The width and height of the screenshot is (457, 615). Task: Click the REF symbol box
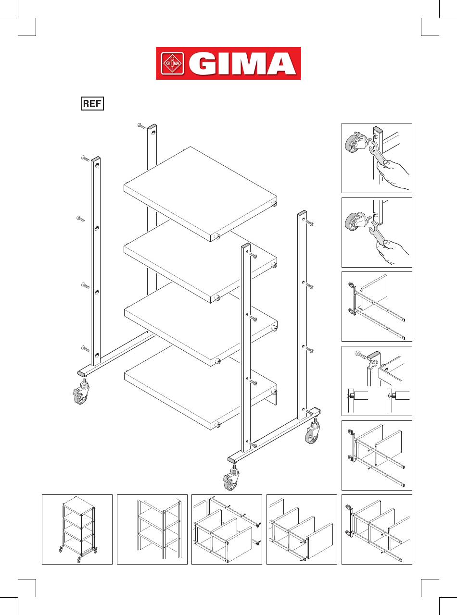pos(92,103)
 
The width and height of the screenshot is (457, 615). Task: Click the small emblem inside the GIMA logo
pos(172,63)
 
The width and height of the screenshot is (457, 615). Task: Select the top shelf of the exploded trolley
pos(200,194)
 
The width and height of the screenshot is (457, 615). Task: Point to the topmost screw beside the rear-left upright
pos(141,126)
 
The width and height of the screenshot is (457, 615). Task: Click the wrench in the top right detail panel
pos(377,153)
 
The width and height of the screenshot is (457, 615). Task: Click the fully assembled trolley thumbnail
pos(78,529)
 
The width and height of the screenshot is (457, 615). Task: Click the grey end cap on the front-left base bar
pos(82,373)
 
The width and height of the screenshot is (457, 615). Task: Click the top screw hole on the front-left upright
pos(97,166)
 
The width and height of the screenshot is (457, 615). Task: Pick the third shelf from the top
pos(201,324)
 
